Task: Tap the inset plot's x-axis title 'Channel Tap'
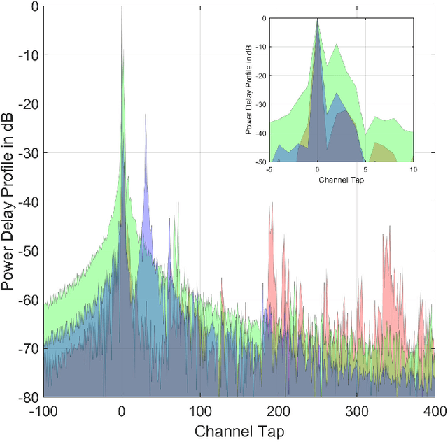(341, 180)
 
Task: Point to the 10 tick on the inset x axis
(413, 169)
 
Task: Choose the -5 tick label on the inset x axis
(269, 169)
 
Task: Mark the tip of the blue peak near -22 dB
(146, 114)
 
